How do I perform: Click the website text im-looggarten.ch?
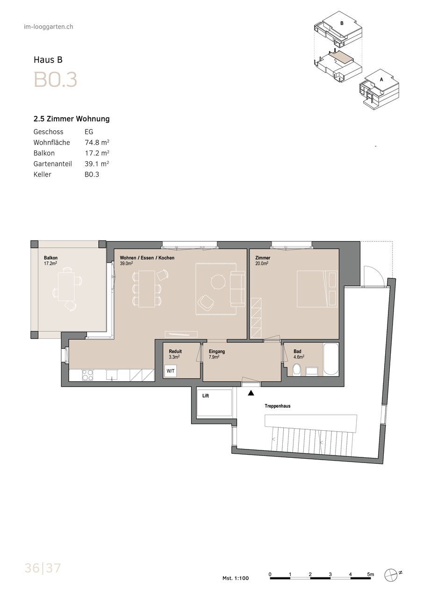(x=48, y=27)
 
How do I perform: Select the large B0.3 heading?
(x=55, y=80)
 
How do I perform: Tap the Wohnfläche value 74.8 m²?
(x=97, y=142)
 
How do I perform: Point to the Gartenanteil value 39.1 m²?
(x=97, y=164)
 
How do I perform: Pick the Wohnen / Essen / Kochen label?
(x=147, y=258)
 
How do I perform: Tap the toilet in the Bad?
(x=296, y=370)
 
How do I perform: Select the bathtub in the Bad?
(x=330, y=360)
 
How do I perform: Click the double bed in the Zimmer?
(x=317, y=289)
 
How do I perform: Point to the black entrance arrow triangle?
(x=251, y=393)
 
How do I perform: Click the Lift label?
(x=206, y=396)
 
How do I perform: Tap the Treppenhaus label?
(x=277, y=406)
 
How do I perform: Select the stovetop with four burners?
(x=87, y=375)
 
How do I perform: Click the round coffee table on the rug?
(x=218, y=281)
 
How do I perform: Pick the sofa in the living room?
(x=237, y=288)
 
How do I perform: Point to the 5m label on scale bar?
(x=370, y=574)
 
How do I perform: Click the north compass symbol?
(x=391, y=575)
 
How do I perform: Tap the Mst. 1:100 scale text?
(x=236, y=578)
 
